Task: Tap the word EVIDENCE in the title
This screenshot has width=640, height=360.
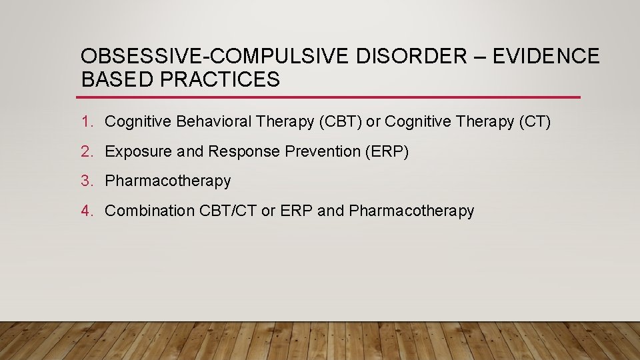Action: (x=546, y=57)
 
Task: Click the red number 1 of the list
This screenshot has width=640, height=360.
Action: (x=85, y=122)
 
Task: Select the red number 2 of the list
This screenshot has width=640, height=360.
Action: (x=85, y=151)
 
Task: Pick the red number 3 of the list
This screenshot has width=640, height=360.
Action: (x=85, y=181)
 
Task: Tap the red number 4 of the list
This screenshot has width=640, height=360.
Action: (x=85, y=211)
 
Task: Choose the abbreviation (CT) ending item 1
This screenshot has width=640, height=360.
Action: (x=535, y=122)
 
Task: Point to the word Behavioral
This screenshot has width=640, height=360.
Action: (x=215, y=122)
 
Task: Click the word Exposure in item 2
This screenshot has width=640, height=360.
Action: (x=139, y=151)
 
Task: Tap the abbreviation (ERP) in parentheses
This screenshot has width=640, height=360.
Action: (x=387, y=151)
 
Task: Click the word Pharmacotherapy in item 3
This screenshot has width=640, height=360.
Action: (x=168, y=181)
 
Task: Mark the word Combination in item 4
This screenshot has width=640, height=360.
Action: (x=150, y=211)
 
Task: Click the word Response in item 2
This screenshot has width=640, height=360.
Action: (x=244, y=151)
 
